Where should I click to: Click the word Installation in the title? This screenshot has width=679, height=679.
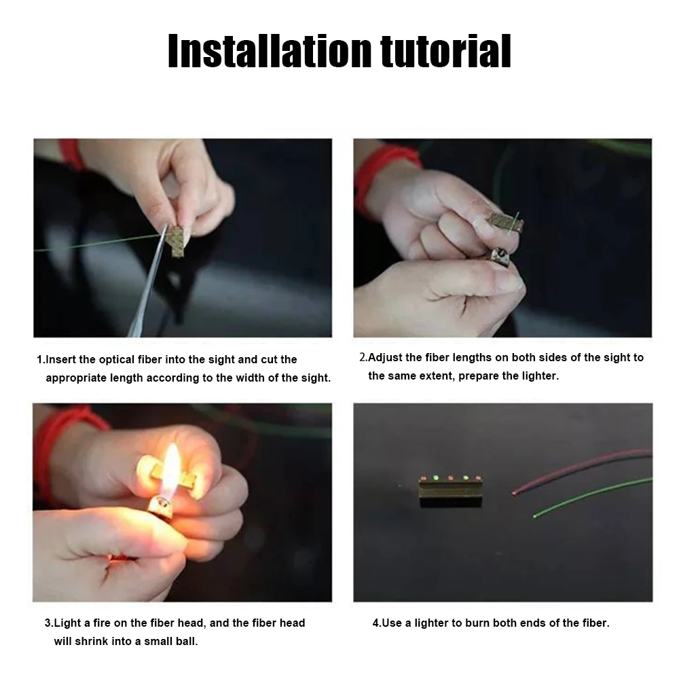270,51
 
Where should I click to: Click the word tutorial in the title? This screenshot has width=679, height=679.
446,51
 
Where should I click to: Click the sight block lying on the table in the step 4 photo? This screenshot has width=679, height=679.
450,491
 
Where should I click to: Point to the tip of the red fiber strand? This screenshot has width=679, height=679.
514,493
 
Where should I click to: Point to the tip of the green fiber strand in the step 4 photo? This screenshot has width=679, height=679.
535,516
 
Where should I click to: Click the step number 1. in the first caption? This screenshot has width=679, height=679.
41,359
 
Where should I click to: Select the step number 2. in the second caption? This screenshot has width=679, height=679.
363,357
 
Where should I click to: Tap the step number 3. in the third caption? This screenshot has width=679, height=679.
49,623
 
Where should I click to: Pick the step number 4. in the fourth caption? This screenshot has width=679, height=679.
377,623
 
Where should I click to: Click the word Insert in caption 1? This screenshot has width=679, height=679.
60,359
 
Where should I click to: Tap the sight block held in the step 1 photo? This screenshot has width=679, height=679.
177,240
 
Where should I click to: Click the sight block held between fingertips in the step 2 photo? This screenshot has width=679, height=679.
504,222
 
